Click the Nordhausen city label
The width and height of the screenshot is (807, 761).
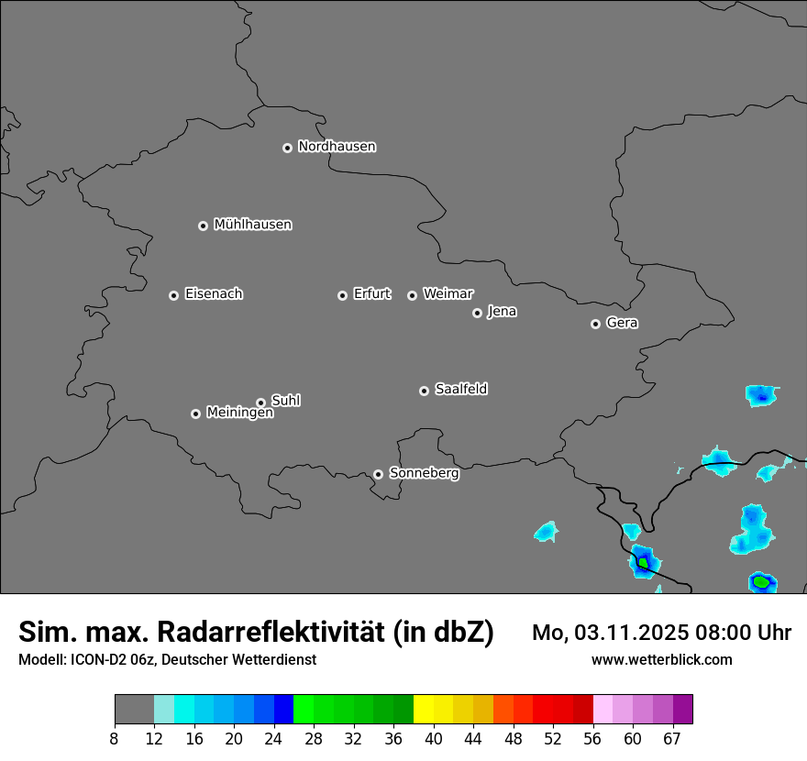pos(337,147)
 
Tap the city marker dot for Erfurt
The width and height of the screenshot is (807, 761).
pos(342,295)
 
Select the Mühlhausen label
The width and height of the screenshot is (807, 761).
pos(252,225)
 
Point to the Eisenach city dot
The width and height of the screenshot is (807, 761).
pos(173,295)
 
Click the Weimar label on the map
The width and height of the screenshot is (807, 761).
pos(448,294)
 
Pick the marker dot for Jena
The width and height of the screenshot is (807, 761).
pos(477,313)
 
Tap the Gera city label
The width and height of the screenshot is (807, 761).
pos(622,323)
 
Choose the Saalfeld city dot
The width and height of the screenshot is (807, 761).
pos(424,391)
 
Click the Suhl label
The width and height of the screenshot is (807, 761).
pos(285,401)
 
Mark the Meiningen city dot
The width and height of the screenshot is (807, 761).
pos(195,414)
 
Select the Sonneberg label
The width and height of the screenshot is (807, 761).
pos(424,473)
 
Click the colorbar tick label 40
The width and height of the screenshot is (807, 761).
pos(434,739)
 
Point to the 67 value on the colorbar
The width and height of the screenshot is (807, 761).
pos(672,739)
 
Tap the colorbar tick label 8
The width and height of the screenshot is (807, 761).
pos(115,739)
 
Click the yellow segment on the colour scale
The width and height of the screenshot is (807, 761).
pos(424,710)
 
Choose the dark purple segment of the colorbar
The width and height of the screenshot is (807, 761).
pos(683,710)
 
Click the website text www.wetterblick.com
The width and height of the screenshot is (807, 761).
pos(661,660)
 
